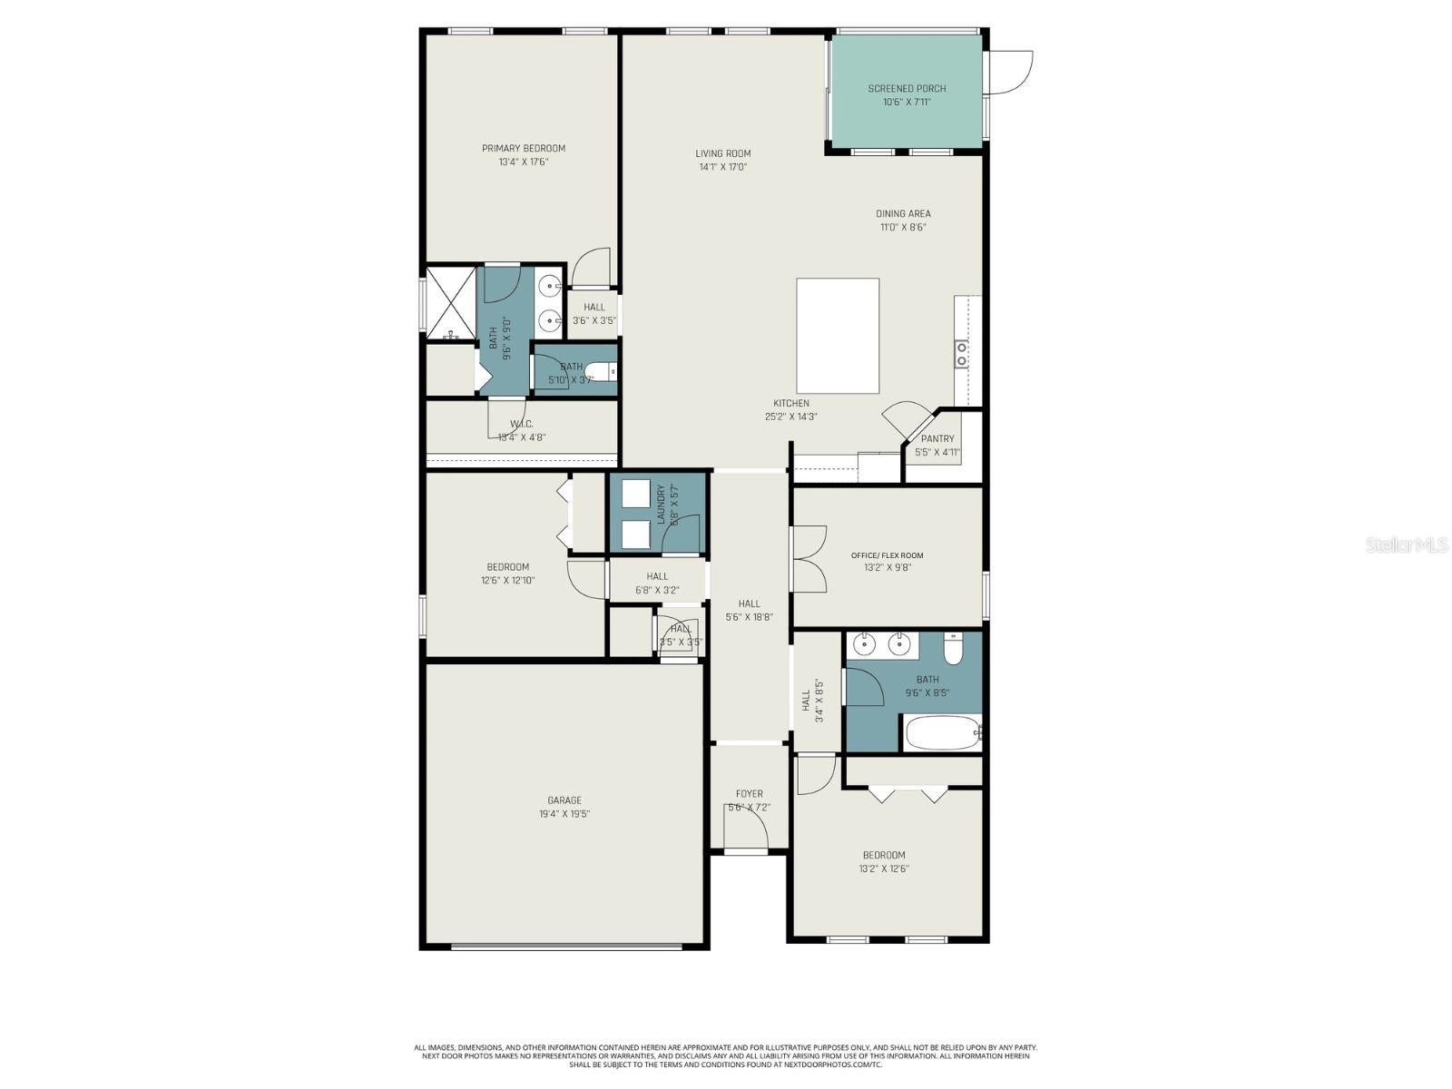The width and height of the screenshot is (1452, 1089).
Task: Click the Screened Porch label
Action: click(x=907, y=88)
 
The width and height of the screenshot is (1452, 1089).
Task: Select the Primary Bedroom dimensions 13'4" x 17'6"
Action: click(x=524, y=162)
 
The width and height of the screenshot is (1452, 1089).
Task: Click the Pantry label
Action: click(x=937, y=438)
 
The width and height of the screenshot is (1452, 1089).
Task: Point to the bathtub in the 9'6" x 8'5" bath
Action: click(x=941, y=732)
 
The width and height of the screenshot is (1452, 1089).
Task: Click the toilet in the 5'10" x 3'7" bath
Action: click(x=600, y=371)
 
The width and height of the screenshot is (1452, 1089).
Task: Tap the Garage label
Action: click(x=564, y=800)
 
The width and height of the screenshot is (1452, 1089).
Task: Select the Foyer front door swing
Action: click(x=746, y=826)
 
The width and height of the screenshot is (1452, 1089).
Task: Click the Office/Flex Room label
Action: click(x=888, y=555)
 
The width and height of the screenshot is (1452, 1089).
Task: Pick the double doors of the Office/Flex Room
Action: click(x=808, y=557)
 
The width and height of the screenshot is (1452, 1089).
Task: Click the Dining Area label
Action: click(x=903, y=214)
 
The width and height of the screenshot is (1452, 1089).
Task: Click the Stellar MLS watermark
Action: click(x=1406, y=545)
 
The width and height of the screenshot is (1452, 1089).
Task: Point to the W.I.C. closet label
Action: click(x=521, y=424)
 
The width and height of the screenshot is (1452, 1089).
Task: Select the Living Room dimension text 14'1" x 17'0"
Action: click(x=723, y=167)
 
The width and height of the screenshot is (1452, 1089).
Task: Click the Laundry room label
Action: click(x=661, y=505)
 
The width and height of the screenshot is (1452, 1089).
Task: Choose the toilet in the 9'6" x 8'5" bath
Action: click(x=953, y=650)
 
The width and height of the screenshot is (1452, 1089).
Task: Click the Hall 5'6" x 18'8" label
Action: click(x=749, y=603)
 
